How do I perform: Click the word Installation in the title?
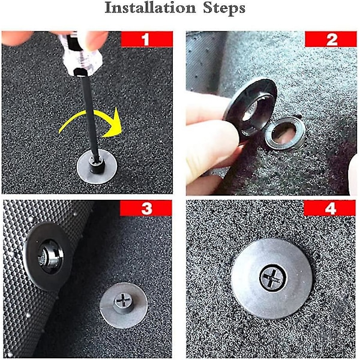point(150,8)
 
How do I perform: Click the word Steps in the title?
point(224,9)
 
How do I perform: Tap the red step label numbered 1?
point(147,39)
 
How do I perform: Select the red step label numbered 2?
point(331,39)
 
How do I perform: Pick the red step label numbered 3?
point(146,208)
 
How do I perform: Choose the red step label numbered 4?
point(329,208)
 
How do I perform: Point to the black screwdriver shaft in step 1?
point(89,117)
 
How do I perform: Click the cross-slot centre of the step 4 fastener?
point(273,278)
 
